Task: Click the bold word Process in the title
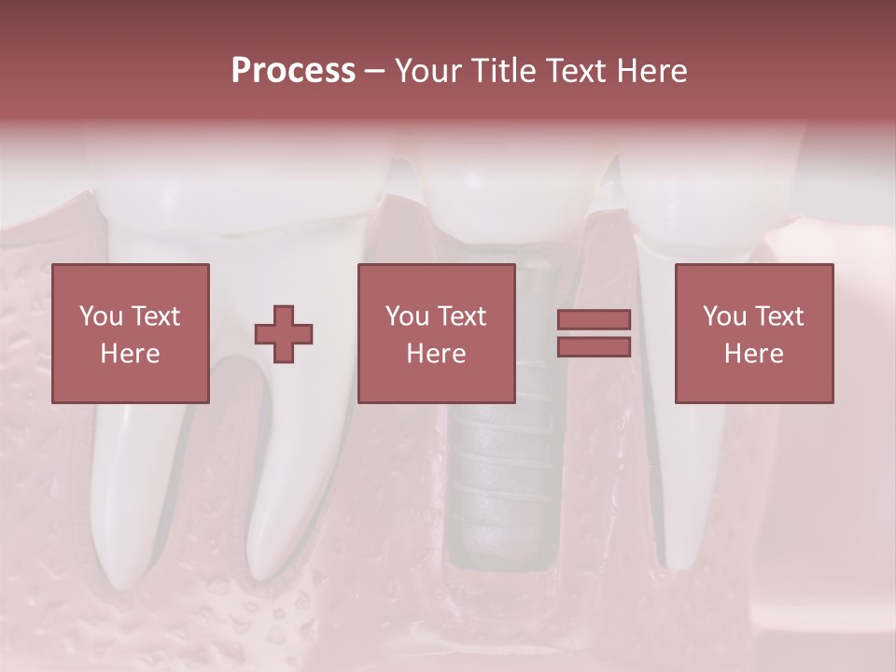(x=293, y=71)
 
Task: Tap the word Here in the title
(x=651, y=71)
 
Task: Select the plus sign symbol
(x=284, y=334)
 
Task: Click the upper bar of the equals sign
(x=594, y=319)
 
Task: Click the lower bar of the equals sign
(x=594, y=347)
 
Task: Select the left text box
(x=131, y=333)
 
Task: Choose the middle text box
(x=437, y=333)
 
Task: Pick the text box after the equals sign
(x=754, y=333)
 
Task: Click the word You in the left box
(x=100, y=316)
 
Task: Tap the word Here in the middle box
(x=437, y=354)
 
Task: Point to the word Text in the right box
(x=779, y=316)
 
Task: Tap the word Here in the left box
(x=131, y=354)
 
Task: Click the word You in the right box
(x=723, y=316)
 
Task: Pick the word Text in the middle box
(x=462, y=316)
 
